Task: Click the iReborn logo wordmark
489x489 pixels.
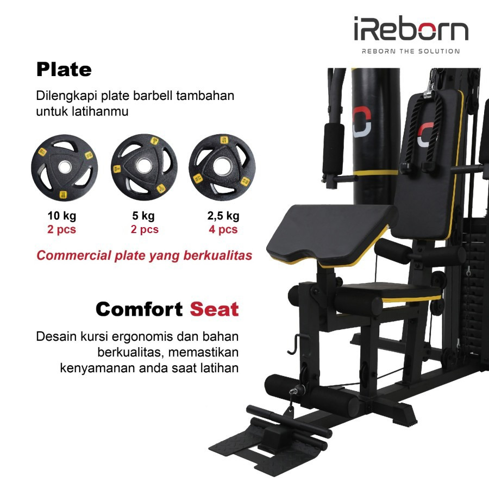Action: click(x=411, y=30)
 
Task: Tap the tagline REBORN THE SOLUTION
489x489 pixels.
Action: click(x=411, y=52)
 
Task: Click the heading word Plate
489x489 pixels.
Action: click(x=64, y=70)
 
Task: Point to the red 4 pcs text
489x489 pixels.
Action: click(x=223, y=229)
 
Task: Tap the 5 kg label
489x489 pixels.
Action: click(x=145, y=216)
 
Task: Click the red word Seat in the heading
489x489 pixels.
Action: click(x=214, y=310)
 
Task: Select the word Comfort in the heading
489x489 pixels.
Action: click(x=139, y=310)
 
